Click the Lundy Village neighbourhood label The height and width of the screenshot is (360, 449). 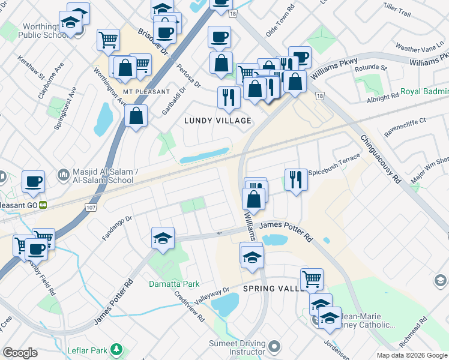tap(217, 121)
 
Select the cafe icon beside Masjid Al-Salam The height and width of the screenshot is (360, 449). tap(34, 181)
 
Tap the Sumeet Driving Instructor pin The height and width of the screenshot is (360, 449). tap(275, 346)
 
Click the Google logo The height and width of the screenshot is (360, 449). tap(20, 353)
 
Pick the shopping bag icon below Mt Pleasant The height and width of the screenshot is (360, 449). tap(136, 115)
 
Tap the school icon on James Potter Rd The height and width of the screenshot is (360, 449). tap(163, 238)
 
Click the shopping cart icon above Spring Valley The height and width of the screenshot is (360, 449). tap(312, 278)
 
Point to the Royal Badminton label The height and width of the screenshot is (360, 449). tap(424, 92)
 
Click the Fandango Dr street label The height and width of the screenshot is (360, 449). tap(116, 229)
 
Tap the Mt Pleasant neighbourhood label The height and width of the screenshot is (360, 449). tap(135, 91)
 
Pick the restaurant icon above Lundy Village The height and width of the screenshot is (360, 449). tap(229, 97)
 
